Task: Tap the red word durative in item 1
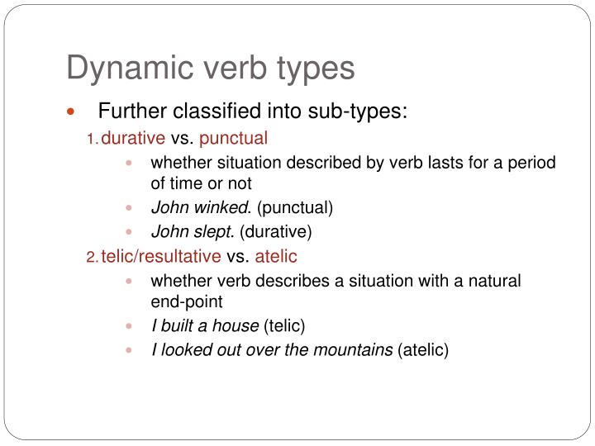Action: (133, 138)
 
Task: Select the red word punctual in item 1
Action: (233, 138)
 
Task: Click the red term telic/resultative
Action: (161, 257)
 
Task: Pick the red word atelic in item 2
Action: (276, 257)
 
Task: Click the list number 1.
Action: (92, 139)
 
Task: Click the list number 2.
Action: (92, 258)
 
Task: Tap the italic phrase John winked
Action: (202, 207)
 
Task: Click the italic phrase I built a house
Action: (205, 325)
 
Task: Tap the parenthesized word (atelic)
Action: (423, 350)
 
